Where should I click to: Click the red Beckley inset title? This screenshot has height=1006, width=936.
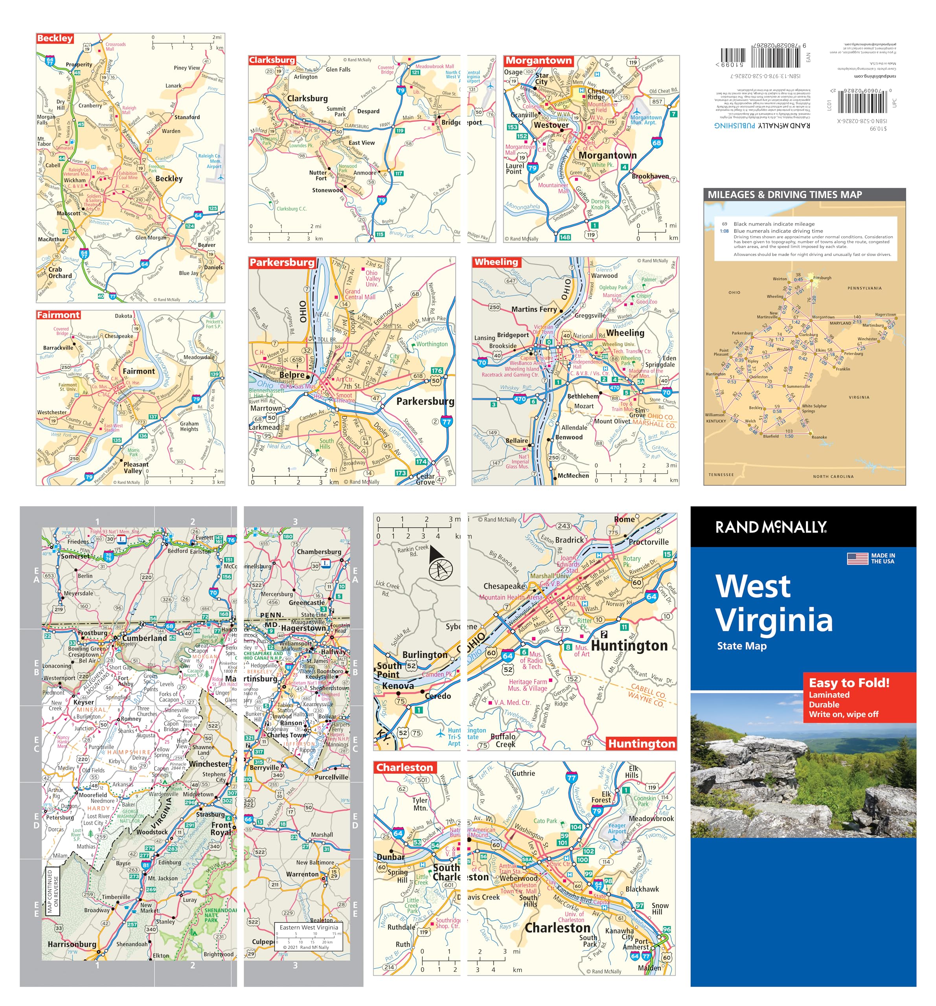55,39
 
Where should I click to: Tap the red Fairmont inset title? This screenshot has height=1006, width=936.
58,315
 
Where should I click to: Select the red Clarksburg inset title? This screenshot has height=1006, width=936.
272,60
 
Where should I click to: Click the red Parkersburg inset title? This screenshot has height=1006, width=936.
282,262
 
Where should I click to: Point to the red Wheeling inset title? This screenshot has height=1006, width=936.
496,262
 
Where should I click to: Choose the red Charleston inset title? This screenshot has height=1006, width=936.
405,767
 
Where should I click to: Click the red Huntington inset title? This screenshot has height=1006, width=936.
642,743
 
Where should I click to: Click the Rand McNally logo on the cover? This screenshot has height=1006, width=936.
770,527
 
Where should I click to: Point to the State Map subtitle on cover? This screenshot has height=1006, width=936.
742,646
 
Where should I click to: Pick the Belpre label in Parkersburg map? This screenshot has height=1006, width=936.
292,375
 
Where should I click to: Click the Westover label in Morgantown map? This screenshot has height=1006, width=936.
551,125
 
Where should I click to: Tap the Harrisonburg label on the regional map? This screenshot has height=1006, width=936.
72,944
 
